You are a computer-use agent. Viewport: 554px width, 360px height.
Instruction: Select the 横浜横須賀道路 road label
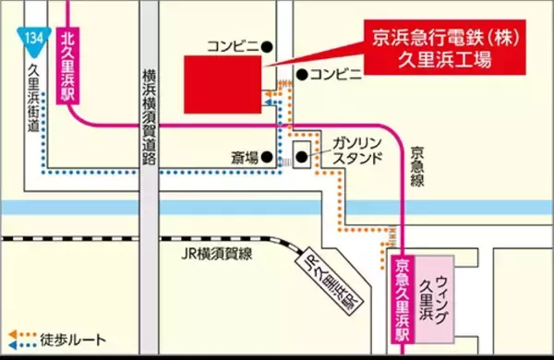click(x=148, y=116)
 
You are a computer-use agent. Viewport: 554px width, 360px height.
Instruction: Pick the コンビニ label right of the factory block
click(x=336, y=74)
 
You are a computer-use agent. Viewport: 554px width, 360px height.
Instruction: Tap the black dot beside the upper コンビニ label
click(x=267, y=45)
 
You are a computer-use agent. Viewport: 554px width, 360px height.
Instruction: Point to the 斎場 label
click(x=244, y=157)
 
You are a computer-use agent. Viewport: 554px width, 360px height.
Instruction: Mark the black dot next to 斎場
click(x=267, y=156)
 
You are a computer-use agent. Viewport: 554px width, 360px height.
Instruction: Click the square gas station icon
click(x=302, y=153)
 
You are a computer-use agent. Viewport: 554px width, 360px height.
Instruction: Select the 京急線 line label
click(x=417, y=166)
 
